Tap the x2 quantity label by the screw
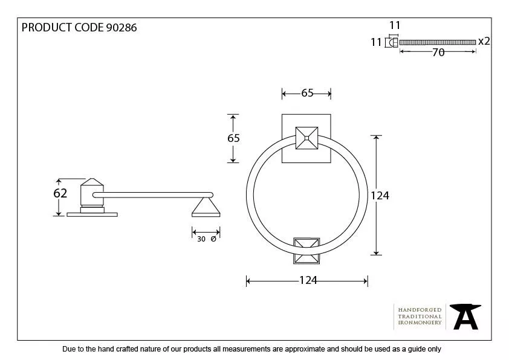point(484,41)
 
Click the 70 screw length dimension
point(438,53)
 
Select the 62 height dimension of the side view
point(60,193)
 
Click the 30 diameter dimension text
point(201,239)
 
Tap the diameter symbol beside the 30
point(213,239)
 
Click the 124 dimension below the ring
point(307,280)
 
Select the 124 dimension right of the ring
point(379,195)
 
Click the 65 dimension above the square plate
point(307,93)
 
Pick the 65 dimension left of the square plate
point(233,138)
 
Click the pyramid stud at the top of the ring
point(306,138)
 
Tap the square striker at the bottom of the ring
point(306,251)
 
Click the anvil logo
point(464,316)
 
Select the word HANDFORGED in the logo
point(420,310)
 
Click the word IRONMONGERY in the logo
point(420,323)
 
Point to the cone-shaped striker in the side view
point(206,208)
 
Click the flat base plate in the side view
point(92,213)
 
